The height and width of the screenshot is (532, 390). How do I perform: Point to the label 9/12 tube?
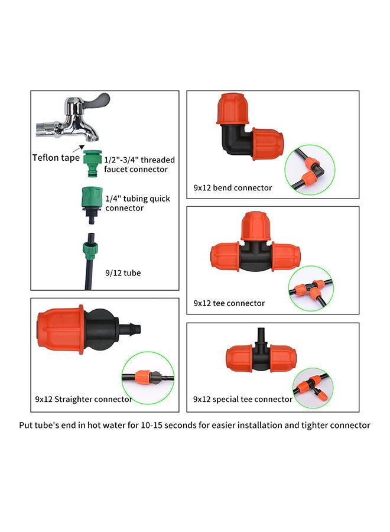tap(122, 273)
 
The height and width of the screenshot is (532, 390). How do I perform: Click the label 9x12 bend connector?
tap(233, 188)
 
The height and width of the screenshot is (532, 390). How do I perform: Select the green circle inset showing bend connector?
tap(309, 170)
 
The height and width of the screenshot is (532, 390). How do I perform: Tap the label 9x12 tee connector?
tap(229, 303)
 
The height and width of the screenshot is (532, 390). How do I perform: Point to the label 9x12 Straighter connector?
tap(83, 399)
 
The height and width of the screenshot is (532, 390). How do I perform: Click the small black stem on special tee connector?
tap(260, 339)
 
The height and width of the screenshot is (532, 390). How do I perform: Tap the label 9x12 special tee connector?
tap(242, 399)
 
